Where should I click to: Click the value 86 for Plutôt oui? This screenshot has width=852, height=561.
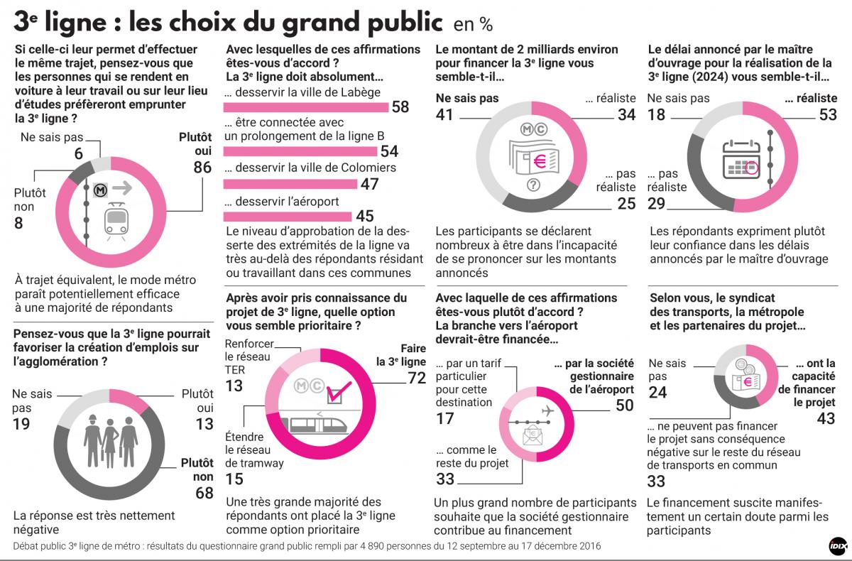point(203,168)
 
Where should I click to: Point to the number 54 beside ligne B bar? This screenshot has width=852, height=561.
point(389,151)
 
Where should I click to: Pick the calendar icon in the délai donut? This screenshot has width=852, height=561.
point(741,160)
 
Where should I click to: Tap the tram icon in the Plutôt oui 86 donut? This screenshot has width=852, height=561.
point(114,221)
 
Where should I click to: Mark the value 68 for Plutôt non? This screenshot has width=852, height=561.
point(204,492)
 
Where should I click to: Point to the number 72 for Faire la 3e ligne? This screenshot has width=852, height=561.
point(415,378)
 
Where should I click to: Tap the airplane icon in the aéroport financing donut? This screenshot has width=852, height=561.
point(547,410)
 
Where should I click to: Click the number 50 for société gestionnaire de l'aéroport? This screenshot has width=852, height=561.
point(624,405)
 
